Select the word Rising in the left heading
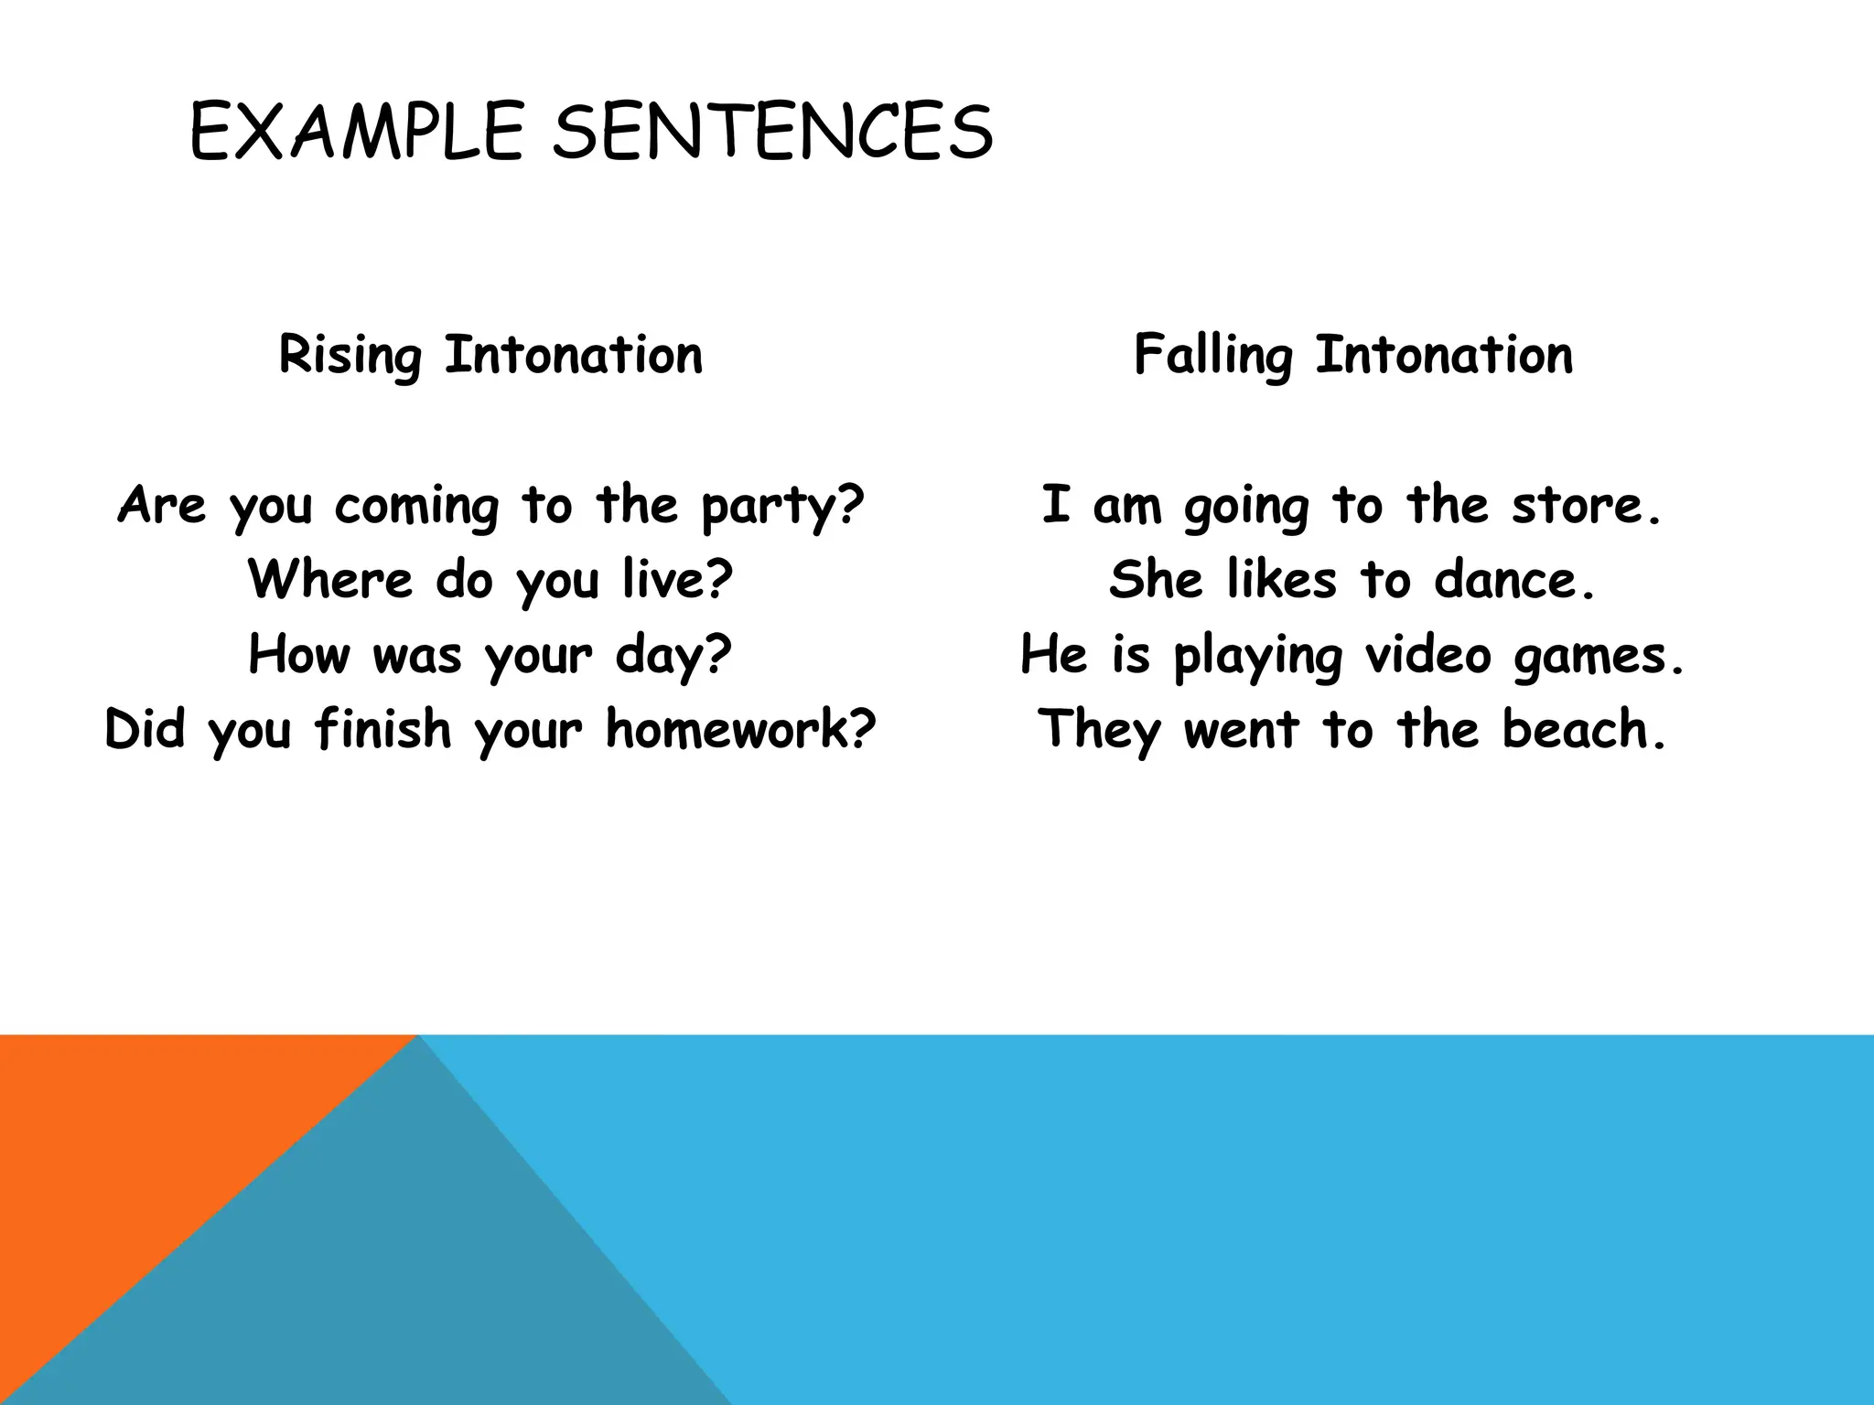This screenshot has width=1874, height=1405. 350,356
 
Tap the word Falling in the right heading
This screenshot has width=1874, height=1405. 1212,356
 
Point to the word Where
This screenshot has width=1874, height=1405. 329,580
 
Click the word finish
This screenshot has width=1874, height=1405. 382,730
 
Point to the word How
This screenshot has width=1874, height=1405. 299,655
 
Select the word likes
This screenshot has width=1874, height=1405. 1281,580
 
